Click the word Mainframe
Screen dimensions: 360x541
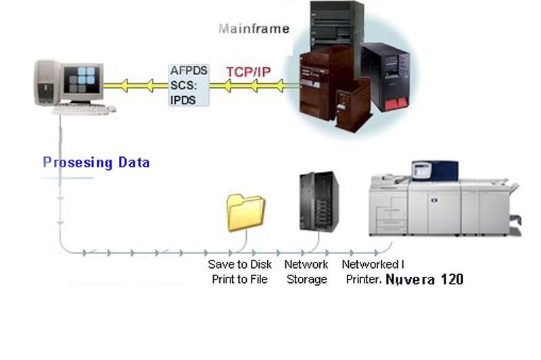coord(254,28)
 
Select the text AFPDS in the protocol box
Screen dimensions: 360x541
coord(189,70)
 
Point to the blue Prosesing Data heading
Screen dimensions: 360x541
coord(96,162)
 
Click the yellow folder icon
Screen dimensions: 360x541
coord(245,212)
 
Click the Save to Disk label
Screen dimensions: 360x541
coord(239,265)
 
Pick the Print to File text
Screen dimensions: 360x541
coord(239,279)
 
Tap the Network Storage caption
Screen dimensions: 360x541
coord(306,271)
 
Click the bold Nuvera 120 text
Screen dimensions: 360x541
coord(425,279)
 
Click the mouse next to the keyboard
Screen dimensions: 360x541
coord(111,108)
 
